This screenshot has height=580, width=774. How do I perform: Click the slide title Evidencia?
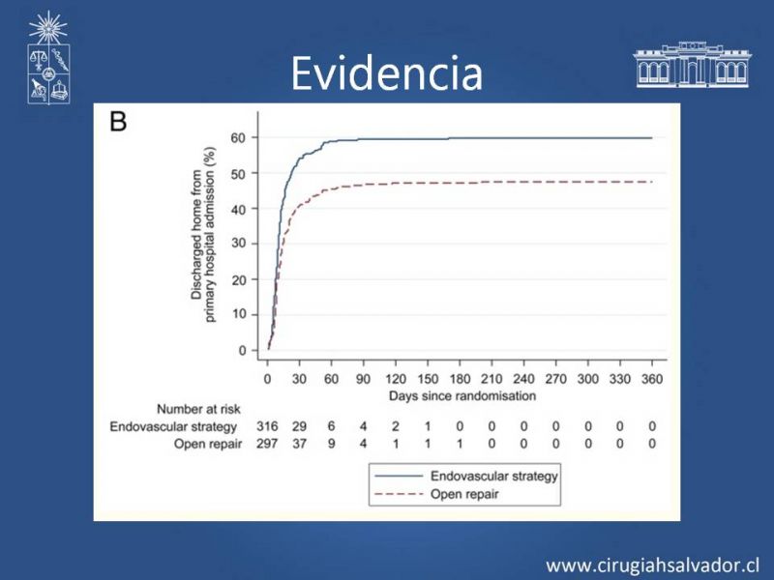click(x=386, y=72)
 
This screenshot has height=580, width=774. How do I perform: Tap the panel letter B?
click(x=119, y=122)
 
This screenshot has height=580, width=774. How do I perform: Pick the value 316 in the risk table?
click(x=267, y=426)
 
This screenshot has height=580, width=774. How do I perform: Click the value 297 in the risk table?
click(x=267, y=444)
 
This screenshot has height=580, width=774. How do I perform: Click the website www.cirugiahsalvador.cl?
click(x=653, y=564)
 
